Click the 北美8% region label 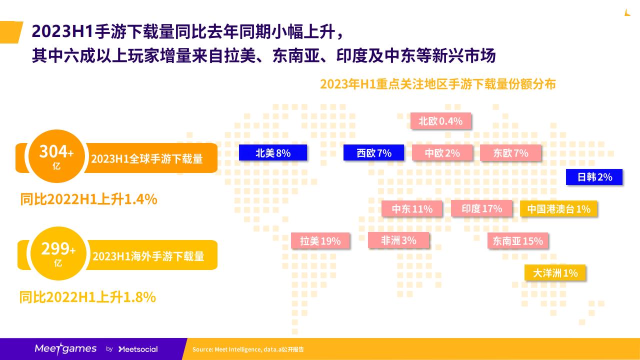coord(273,152)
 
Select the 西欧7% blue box coord(373,152)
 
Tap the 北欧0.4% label coord(441,121)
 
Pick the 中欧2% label coord(442,152)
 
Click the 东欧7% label coord(510,152)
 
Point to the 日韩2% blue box coord(594,177)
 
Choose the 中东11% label coord(412,208)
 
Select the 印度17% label coord(481,208)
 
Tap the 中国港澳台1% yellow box coord(558,208)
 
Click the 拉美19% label coord(320,240)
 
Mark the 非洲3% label coord(398,240)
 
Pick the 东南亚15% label coord(517,240)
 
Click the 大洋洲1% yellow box coord(555,272)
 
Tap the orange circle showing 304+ coord(57,156)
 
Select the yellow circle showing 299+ coord(58,253)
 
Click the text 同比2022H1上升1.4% coord(88,199)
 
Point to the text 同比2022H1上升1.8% coord(87,297)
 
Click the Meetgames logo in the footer coord(65,348)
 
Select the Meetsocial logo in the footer coord(138,349)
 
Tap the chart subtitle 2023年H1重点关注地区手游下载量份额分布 coord(438,84)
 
